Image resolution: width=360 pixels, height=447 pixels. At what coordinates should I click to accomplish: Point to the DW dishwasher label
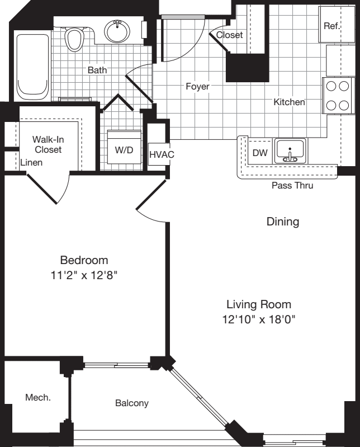(x=259, y=153)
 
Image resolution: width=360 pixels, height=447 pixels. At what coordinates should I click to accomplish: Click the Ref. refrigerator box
(x=331, y=25)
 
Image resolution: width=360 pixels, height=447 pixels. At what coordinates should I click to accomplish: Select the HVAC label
(x=158, y=154)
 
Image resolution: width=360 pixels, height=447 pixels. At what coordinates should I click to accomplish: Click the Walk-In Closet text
(x=48, y=144)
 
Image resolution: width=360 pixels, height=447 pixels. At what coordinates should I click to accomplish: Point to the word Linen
(x=32, y=162)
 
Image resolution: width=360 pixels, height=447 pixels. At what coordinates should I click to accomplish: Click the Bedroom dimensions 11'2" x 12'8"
(x=84, y=275)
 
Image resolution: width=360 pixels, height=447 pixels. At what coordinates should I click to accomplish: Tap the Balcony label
(x=132, y=403)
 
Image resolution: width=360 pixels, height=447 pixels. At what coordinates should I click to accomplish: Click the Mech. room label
(x=38, y=398)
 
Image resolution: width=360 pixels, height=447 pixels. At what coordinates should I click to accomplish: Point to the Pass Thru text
(x=292, y=186)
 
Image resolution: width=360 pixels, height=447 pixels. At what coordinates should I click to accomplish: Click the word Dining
(x=282, y=222)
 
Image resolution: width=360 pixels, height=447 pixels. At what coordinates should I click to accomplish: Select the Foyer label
(x=197, y=87)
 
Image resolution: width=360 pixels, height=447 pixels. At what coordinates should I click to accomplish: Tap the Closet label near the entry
(x=229, y=35)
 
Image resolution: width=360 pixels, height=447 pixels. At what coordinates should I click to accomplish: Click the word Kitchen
(x=289, y=102)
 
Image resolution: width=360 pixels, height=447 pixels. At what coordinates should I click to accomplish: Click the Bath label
(x=97, y=70)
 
